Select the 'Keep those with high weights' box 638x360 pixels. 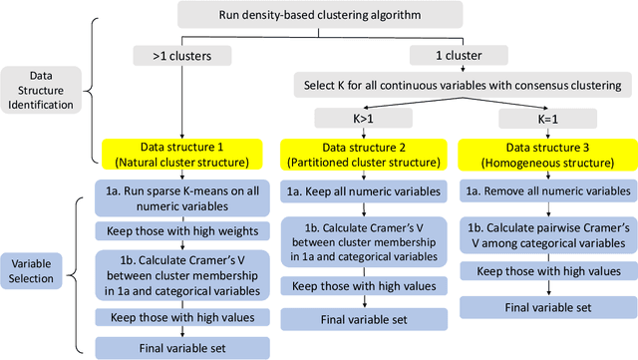(x=176, y=230)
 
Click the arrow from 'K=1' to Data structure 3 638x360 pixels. (x=539, y=134)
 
